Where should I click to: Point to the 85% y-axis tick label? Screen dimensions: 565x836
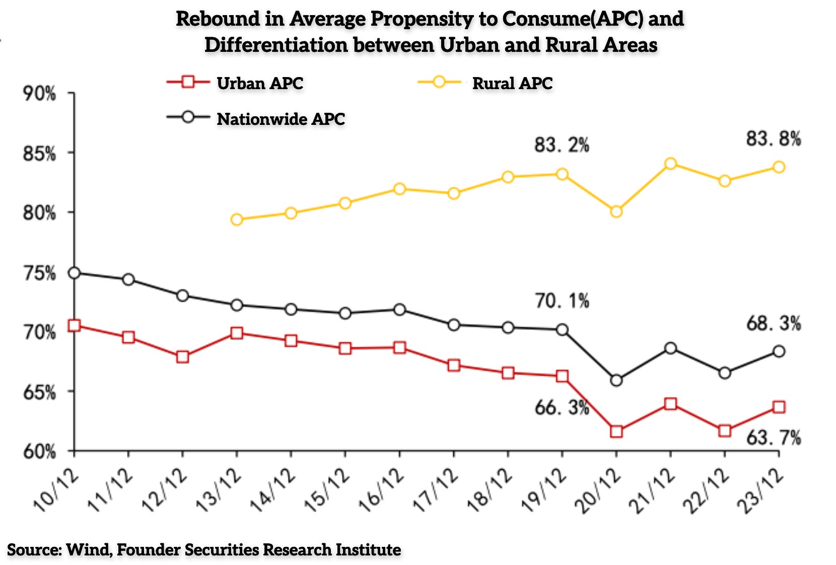click(39, 154)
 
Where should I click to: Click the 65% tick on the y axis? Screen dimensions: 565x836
click(39, 392)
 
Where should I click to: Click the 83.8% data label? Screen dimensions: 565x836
click(773, 138)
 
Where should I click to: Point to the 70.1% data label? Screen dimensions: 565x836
click(562, 301)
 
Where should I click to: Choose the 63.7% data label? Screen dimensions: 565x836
click(773, 438)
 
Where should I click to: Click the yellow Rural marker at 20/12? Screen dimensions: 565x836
click(616, 211)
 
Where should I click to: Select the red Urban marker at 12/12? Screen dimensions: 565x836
click(182, 357)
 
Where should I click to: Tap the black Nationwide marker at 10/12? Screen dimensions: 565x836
click(74, 273)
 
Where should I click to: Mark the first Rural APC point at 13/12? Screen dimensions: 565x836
click(237, 220)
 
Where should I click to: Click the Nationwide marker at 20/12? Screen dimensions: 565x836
click(616, 381)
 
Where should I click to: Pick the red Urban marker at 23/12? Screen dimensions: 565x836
click(779, 407)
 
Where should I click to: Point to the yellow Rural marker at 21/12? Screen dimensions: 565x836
click(670, 164)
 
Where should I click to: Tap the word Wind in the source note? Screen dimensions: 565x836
click(88, 549)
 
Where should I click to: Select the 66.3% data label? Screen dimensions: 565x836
click(562, 407)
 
